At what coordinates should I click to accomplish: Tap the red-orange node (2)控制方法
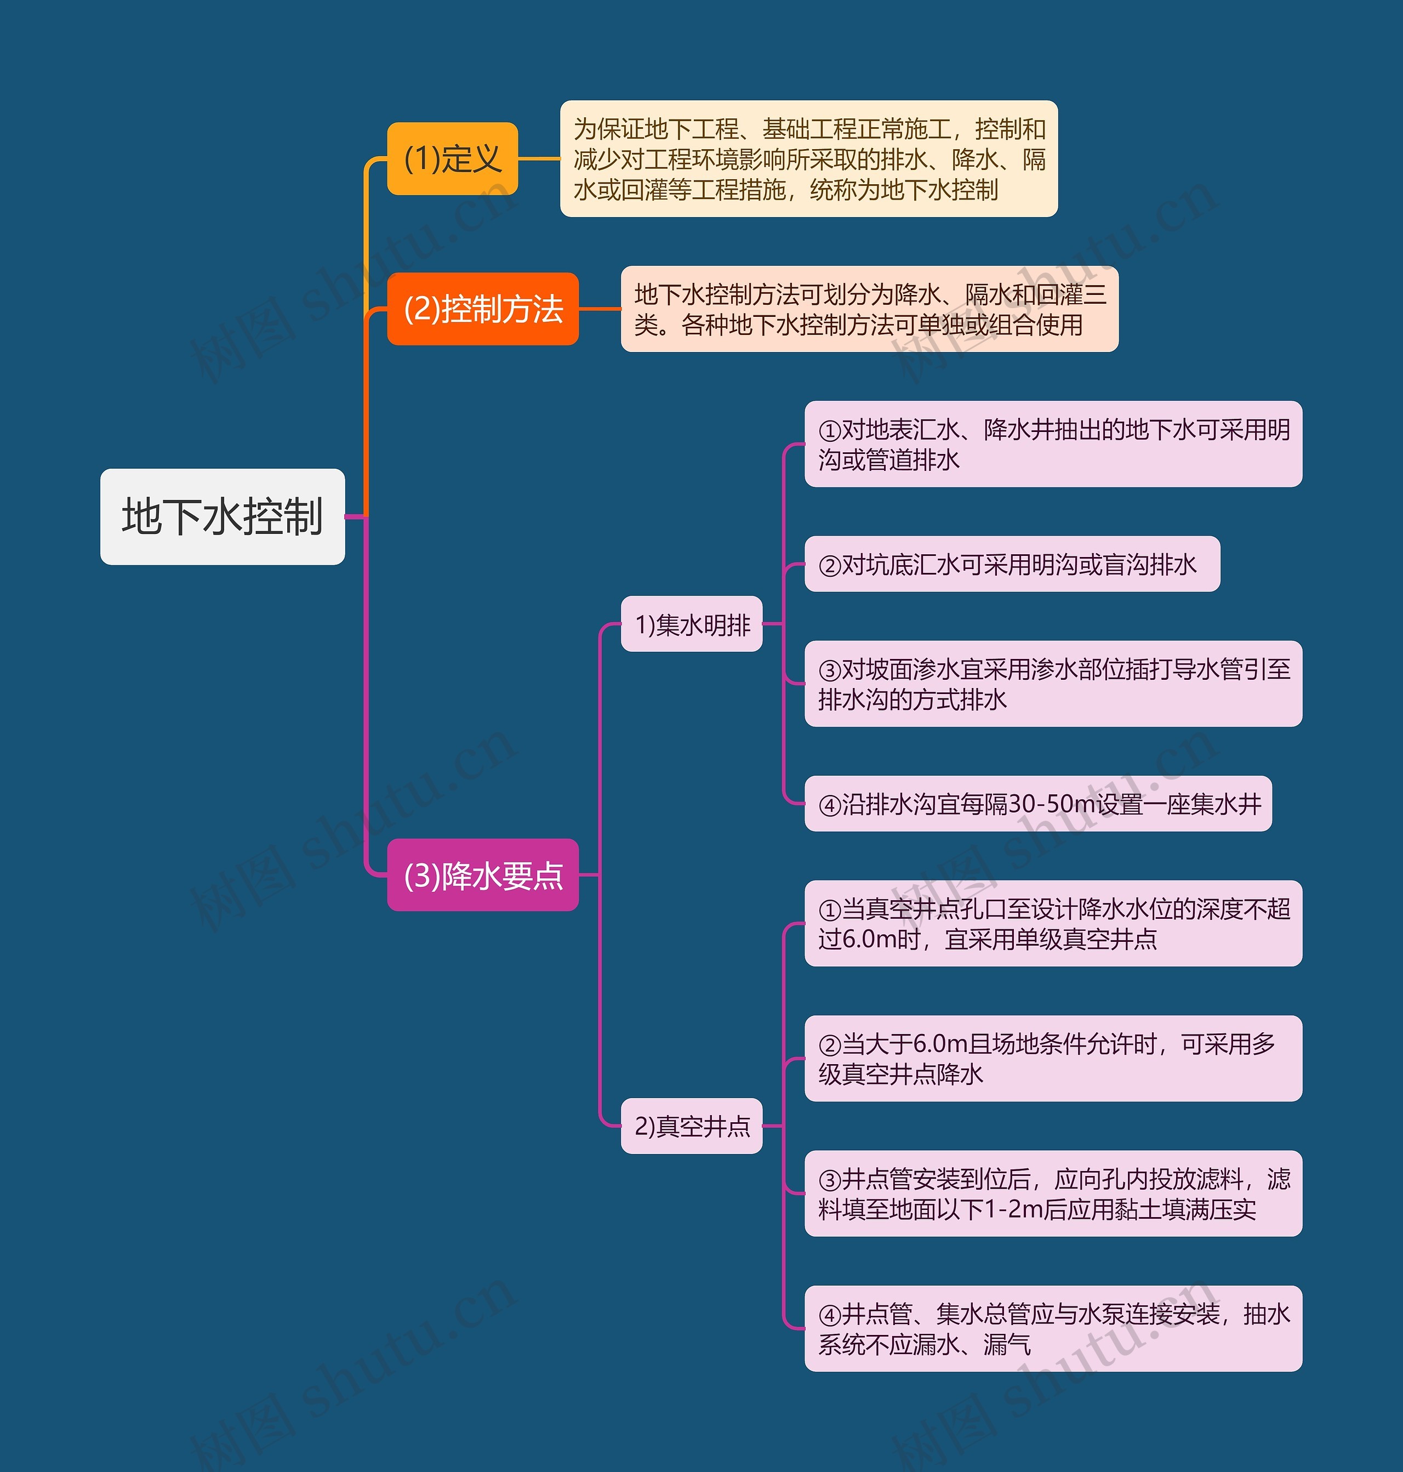[x=482, y=308]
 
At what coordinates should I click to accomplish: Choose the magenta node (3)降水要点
[x=482, y=874]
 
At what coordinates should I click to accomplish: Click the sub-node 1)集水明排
[x=691, y=624]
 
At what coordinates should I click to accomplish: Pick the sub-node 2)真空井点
[x=691, y=1126]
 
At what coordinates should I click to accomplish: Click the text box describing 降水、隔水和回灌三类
[x=869, y=308]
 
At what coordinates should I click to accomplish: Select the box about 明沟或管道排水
[x=1052, y=444]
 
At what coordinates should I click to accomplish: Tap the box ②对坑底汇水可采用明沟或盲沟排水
[x=1011, y=564]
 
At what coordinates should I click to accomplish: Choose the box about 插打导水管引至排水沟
[x=1052, y=684]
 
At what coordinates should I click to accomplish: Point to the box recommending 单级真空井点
[x=1052, y=923]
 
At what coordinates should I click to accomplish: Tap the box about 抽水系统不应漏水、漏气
[x=1052, y=1328]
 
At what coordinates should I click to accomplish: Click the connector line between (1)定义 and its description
[x=539, y=158]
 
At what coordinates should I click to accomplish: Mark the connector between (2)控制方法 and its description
[x=599, y=308]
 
